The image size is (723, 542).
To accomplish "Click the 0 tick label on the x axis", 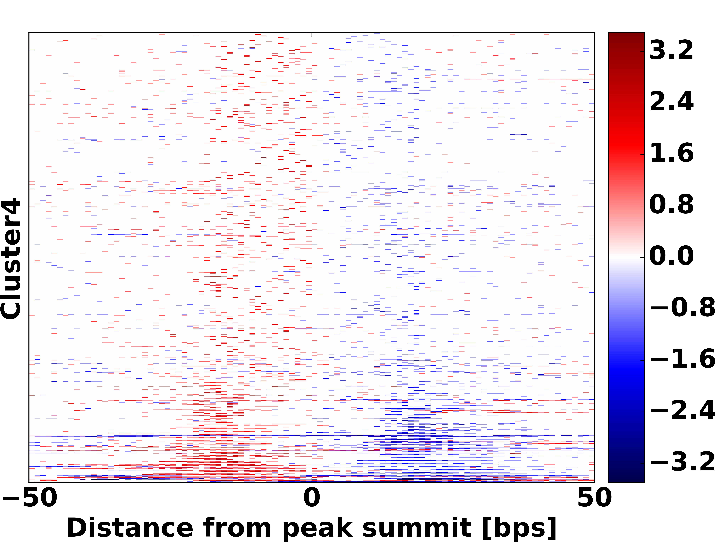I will point(311,498).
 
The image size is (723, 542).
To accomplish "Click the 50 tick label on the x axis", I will point(594,498).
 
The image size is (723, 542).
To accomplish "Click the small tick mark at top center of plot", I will point(311,34).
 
